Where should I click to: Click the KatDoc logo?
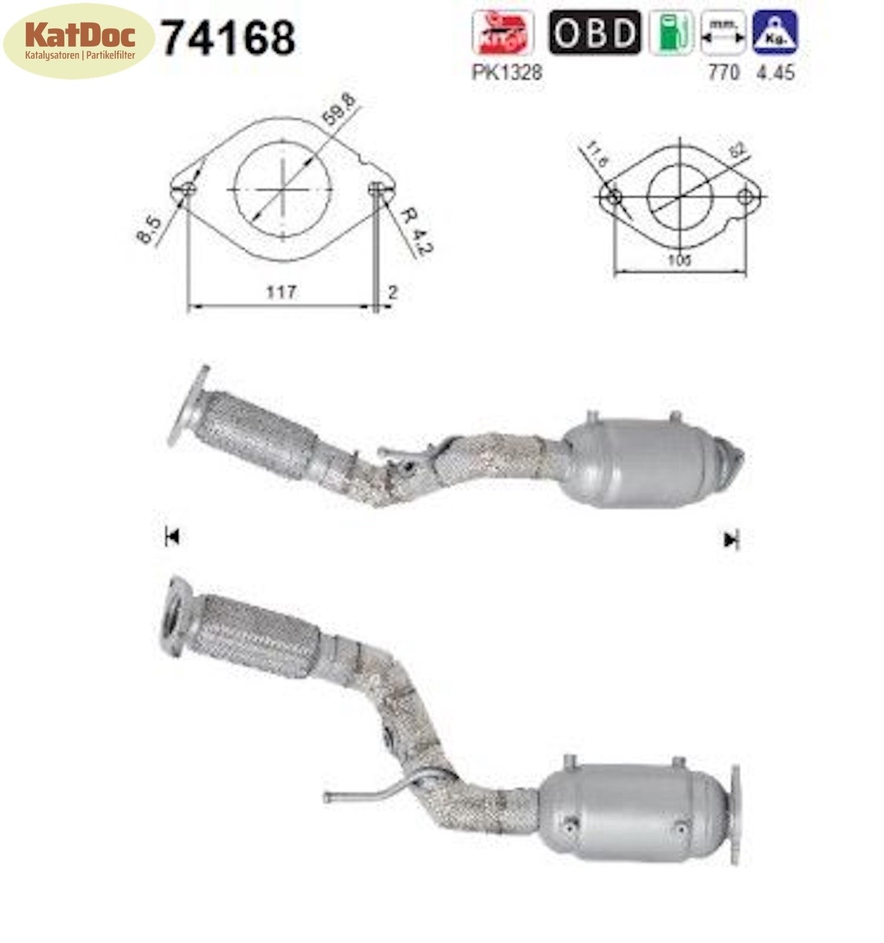coord(79,41)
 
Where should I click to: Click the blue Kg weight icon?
coord(775,32)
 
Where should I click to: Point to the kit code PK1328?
coord(506,72)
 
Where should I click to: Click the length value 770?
coord(723,72)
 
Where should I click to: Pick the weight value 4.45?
coord(775,72)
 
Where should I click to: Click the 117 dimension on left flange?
coord(281,292)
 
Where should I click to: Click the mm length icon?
coord(723,32)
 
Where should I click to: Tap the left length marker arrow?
coord(172,536)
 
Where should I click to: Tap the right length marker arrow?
coord(731,539)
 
